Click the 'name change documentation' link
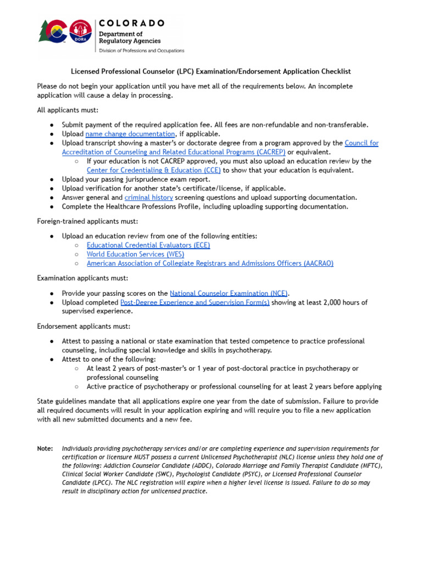click(130, 134)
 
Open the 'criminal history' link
click(149, 198)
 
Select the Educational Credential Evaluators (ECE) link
click(148, 245)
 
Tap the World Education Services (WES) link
click(135, 254)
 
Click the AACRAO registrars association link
click(210, 263)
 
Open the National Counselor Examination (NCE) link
click(229, 293)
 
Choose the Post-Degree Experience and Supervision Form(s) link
click(195, 302)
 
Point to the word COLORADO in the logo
click(131, 23)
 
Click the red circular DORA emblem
click(81, 32)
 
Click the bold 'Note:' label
click(45, 448)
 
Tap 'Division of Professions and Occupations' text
click(141, 50)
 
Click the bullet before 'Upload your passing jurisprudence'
click(51, 179)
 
